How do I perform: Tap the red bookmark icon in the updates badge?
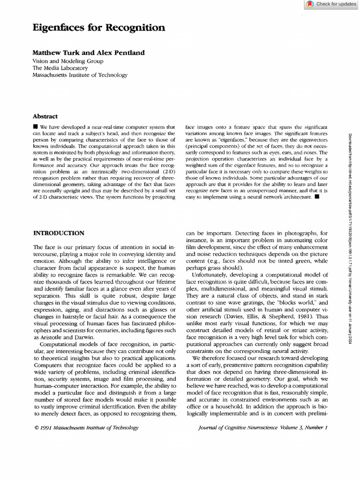(x=310, y=4)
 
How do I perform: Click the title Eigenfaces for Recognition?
(x=98, y=28)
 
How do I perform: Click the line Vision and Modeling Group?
(x=68, y=61)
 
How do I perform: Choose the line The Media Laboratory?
(x=60, y=68)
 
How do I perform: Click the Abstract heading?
(x=45, y=116)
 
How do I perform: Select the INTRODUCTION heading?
(x=59, y=233)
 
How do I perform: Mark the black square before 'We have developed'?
(x=36, y=127)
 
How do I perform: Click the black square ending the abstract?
(x=317, y=196)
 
